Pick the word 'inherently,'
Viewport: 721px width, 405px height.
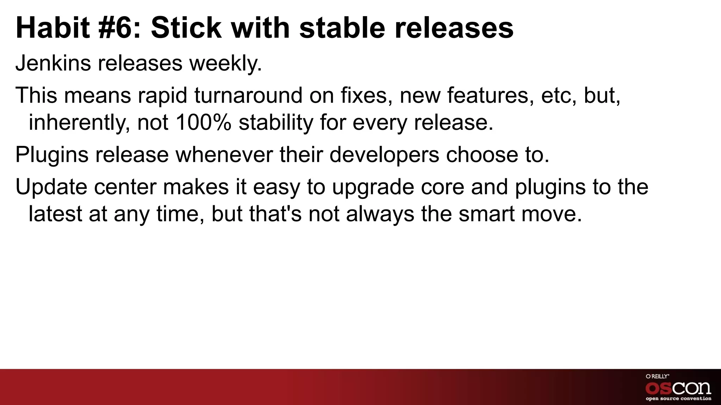(x=79, y=123)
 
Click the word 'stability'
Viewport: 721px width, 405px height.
(x=276, y=123)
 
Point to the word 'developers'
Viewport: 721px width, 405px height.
(x=384, y=155)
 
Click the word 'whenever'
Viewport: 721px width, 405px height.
(x=224, y=155)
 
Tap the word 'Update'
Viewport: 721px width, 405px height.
(x=51, y=187)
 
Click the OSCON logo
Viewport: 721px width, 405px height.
(x=678, y=388)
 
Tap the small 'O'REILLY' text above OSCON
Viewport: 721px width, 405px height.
(x=657, y=376)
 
